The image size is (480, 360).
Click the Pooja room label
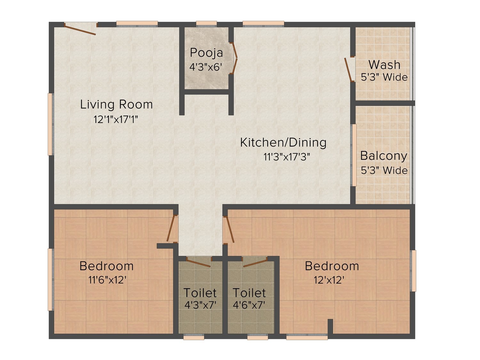[206, 53]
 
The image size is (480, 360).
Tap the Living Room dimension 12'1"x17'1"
[116, 120]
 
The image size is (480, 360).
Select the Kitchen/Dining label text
[283, 143]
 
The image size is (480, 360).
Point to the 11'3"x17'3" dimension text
[287, 157]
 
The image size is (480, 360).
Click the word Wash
[384, 65]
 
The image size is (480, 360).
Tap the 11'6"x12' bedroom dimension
[108, 280]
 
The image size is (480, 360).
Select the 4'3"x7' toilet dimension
[200, 305]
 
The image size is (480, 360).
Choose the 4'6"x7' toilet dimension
[249, 305]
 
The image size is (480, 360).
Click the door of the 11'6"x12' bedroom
[171, 228]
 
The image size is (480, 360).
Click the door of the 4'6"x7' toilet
[255, 263]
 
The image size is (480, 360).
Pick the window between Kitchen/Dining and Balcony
[353, 156]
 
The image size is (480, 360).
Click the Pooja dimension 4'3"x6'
[206, 67]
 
